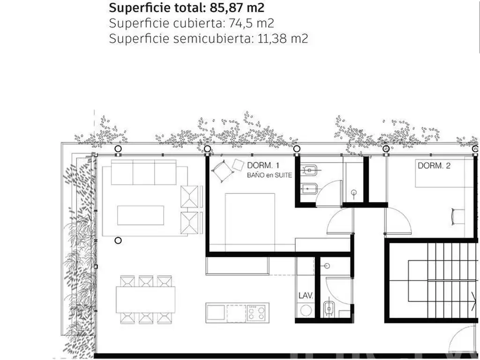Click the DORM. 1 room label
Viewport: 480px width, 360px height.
point(263,165)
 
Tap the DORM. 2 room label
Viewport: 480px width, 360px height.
point(434,165)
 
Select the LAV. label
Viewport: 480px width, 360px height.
point(306,295)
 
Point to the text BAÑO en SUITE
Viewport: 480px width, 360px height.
point(270,175)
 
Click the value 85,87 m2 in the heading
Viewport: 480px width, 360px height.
point(237,7)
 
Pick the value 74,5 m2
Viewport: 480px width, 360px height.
point(251,23)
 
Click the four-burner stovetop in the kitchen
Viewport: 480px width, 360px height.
point(256,313)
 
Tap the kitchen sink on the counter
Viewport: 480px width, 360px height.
point(216,313)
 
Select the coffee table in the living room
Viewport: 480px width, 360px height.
point(141,215)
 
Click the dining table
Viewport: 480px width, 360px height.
point(145,300)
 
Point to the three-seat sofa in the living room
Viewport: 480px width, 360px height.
point(143,172)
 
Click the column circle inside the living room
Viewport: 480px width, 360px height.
point(118,240)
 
